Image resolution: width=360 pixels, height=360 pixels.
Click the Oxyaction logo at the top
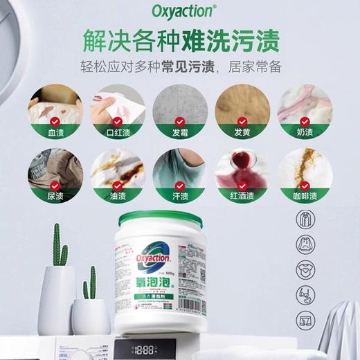(x=179, y=12)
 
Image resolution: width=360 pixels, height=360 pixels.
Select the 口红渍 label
(x=116, y=131)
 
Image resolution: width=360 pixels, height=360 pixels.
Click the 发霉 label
(x=180, y=131)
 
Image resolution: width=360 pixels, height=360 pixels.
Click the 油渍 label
(x=116, y=196)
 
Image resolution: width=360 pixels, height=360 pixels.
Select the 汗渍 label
(x=180, y=196)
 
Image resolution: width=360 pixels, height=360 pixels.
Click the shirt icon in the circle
(x=306, y=220)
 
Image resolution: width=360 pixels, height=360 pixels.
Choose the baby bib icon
(x=306, y=269)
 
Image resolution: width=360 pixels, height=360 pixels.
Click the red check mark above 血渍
(x=53, y=120)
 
